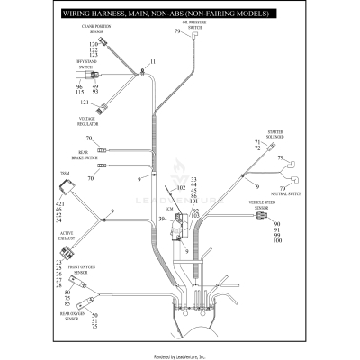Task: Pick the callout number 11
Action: pos(152,61)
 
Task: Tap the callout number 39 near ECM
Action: pos(162,219)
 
